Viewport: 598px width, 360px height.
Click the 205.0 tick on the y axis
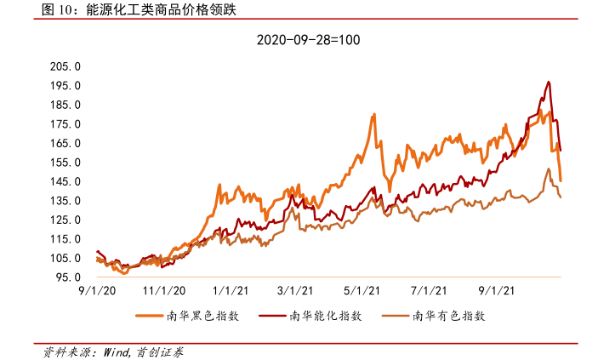click(x=65, y=66)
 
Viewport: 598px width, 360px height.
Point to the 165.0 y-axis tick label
click(x=65, y=143)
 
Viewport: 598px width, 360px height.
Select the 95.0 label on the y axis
click(x=68, y=277)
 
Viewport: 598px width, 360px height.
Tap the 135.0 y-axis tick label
click(x=65, y=201)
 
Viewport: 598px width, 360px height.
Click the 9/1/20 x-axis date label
click(x=95, y=291)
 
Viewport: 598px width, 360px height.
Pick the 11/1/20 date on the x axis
click(x=159, y=291)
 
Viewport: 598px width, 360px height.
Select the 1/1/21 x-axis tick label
click(x=227, y=291)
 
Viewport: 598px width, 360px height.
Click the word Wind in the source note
click(x=117, y=351)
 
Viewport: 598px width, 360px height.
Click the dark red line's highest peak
click(x=549, y=83)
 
